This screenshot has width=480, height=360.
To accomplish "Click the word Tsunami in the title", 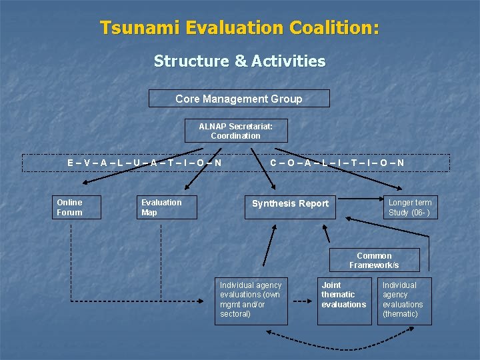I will (x=141, y=28).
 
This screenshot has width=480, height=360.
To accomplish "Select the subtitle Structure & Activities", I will (x=239, y=61).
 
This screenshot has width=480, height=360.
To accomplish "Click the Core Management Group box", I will (x=239, y=99).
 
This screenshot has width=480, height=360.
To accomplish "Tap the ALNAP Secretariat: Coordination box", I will (x=235, y=131).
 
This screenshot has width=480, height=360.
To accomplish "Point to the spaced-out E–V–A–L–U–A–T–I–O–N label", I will (x=145, y=163).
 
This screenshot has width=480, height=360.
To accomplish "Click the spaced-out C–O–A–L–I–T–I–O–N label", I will (x=337, y=163).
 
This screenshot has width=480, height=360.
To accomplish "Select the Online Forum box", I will (x=77, y=207).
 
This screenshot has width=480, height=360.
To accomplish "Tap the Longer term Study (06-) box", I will (x=409, y=207).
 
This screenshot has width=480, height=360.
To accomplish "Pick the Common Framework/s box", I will (x=374, y=260).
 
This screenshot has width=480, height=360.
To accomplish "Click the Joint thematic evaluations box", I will (x=344, y=301).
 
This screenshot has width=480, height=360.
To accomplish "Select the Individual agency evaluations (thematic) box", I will (x=405, y=301).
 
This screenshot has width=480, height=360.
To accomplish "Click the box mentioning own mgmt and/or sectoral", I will (x=252, y=301).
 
